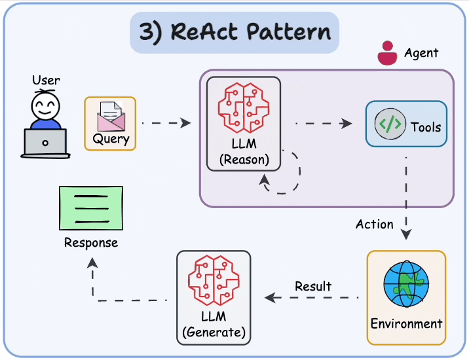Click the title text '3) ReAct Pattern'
pos(235,32)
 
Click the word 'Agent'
pos(421,53)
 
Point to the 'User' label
pos(46,81)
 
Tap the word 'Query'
pos(111,139)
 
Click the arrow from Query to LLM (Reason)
pos(166,122)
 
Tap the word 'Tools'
pos(426,127)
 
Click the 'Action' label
pos(375,224)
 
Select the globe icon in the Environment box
pos(406,284)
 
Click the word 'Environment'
pos(406,323)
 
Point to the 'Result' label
pos(313,286)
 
